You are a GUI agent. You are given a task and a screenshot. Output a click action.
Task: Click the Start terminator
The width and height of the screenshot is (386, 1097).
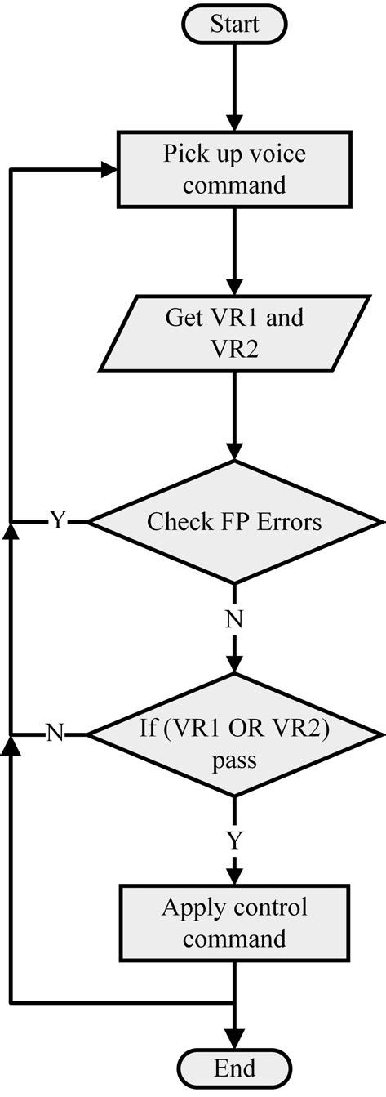point(234,25)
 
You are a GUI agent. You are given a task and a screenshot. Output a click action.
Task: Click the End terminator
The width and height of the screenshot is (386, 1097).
point(234,1068)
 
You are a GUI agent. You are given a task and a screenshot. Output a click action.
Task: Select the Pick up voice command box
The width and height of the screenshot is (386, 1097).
point(234,170)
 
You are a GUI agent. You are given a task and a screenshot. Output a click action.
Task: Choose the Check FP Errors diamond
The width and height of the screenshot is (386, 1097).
point(234,521)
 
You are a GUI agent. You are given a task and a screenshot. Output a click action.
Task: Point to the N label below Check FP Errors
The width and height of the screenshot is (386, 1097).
point(234,619)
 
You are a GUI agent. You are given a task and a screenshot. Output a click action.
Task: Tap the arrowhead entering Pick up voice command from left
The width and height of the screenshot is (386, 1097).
point(109,171)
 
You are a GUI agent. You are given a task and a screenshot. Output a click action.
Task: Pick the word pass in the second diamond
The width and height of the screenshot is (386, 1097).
point(234,761)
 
